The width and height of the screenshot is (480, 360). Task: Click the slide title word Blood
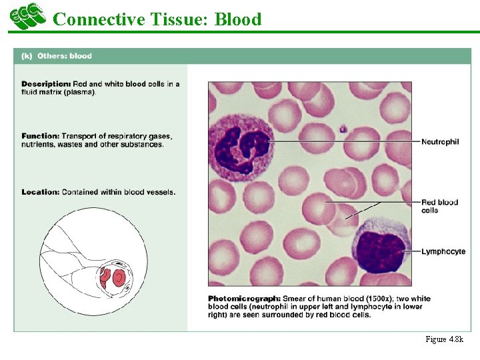[x=237, y=19]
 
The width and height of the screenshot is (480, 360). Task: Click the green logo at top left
[x=27, y=16]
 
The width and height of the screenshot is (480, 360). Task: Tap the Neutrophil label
[x=440, y=142]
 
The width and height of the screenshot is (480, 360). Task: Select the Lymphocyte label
[x=443, y=251]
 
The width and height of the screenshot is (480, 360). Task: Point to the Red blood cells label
[x=439, y=206]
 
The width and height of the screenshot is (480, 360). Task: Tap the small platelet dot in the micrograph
[x=342, y=129]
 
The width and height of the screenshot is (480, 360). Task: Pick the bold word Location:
[x=40, y=192]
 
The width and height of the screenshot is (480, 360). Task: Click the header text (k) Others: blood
[x=57, y=56]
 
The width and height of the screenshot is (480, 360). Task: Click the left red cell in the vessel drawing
[x=105, y=275]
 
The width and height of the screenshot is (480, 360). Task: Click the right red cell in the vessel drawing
[x=119, y=277]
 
